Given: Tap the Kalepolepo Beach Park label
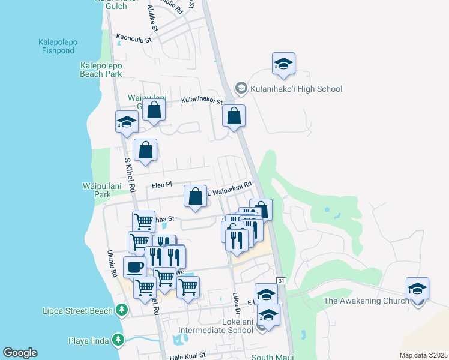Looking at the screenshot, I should tap(101, 70).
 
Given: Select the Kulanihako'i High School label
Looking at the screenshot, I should tap(297, 89).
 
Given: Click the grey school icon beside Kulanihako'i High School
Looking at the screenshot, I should tap(241, 89).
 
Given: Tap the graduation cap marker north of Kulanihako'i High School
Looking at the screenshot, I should tap(283, 64).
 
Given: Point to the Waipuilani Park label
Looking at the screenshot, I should tap(94, 190).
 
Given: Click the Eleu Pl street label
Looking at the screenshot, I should tap(161, 185).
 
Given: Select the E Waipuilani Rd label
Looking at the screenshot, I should tap(229, 188).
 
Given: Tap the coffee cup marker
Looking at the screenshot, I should tap(134, 266).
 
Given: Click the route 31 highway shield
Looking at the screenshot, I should tap(281, 281).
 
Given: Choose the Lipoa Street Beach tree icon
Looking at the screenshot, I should tap(122, 310).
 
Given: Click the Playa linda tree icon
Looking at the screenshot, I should tap(118, 341).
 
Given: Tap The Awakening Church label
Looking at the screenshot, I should tap(366, 301).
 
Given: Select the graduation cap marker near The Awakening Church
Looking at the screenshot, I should tap(417, 288).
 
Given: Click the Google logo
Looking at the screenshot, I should tap(20, 353).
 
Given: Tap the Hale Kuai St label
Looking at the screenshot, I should tap(188, 355).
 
